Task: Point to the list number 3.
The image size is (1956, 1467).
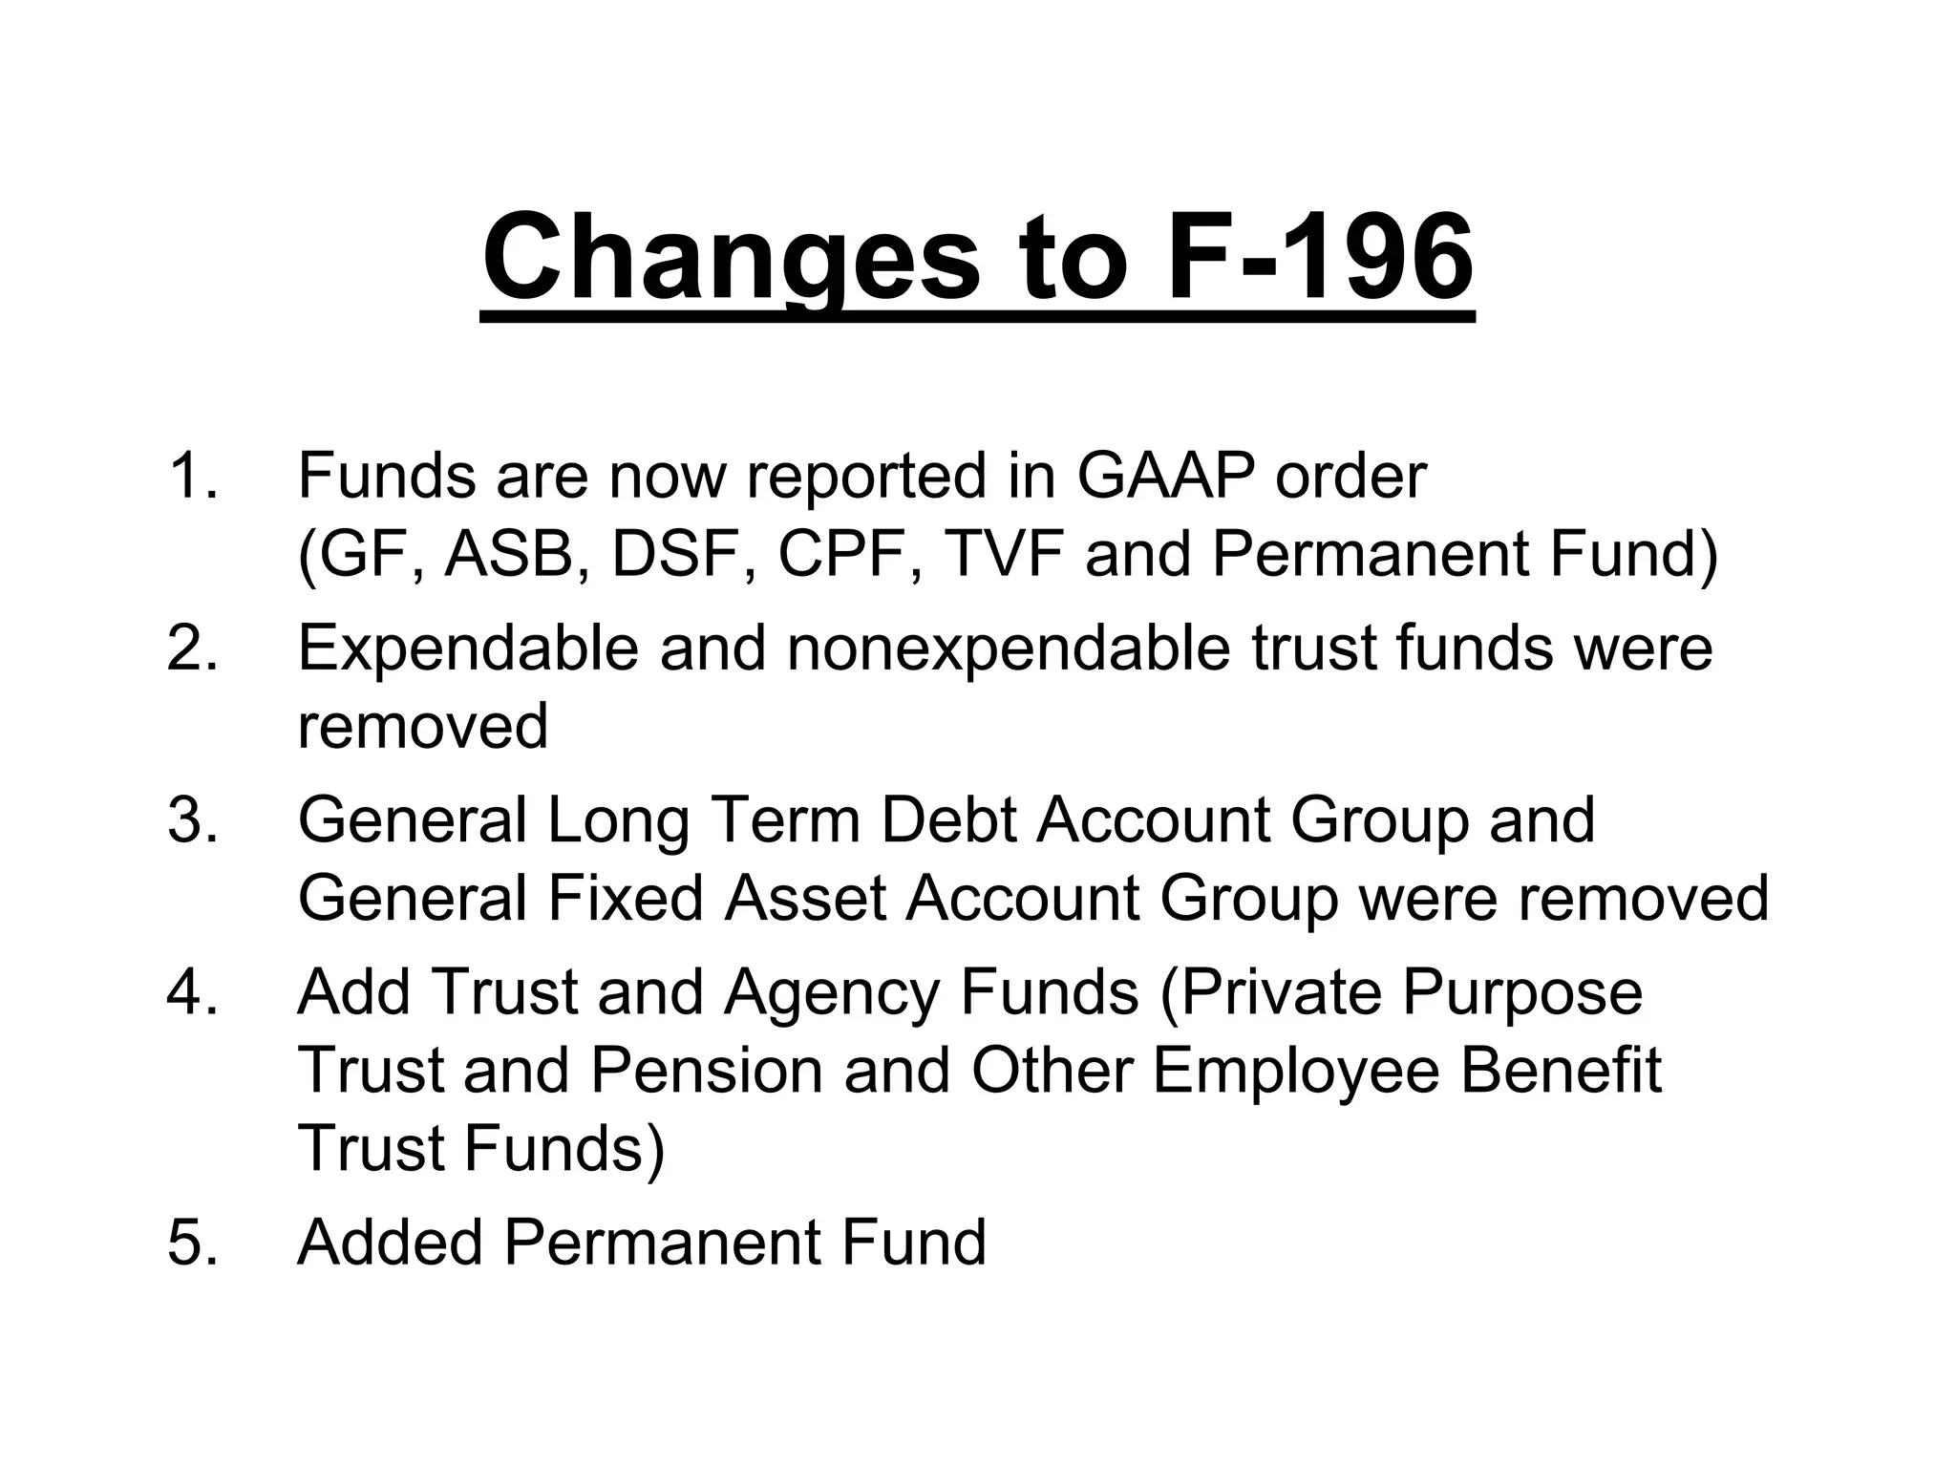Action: [x=192, y=820]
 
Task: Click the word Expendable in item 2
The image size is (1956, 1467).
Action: [x=467, y=648]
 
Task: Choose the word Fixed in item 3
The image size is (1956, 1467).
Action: [x=626, y=899]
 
